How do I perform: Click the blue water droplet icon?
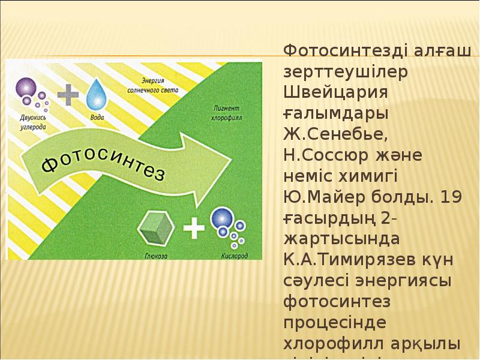(95, 94)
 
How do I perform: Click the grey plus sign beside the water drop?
(68, 94)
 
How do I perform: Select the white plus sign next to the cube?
(194, 229)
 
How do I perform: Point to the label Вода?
(97, 117)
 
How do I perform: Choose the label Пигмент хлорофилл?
(227, 115)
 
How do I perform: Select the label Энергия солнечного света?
(158, 85)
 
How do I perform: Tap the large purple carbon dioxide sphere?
(26, 89)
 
